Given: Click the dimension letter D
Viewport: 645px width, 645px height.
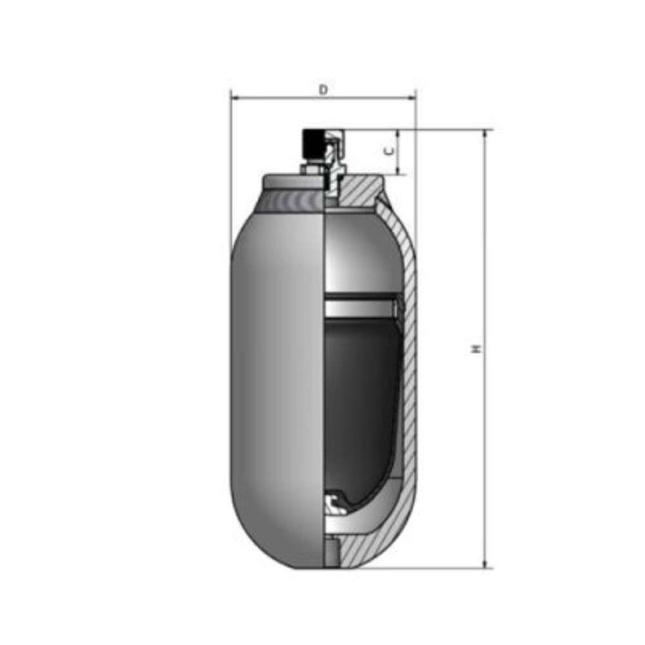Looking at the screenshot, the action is (x=324, y=89).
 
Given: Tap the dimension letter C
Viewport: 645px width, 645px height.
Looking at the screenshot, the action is (x=389, y=151).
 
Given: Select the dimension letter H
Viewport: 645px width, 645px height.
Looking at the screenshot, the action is (x=477, y=348).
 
